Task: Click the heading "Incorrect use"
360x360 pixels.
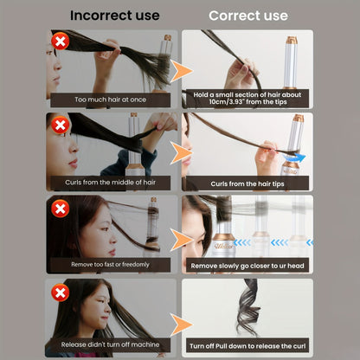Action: point(115,16)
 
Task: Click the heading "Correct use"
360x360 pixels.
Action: point(248,16)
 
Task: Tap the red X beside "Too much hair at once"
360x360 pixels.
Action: point(61,42)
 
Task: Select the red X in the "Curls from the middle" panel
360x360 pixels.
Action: point(61,125)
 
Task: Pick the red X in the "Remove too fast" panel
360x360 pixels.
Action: point(61,209)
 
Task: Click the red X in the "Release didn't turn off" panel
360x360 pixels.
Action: point(61,292)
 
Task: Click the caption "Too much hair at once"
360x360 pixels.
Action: point(111,100)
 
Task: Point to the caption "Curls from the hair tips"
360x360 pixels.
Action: point(247,183)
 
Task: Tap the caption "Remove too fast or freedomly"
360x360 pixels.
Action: point(110,264)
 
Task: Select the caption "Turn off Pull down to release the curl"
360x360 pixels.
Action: point(247,346)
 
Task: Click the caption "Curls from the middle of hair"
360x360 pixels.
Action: point(110,183)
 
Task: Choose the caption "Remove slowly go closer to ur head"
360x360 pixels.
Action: point(247,266)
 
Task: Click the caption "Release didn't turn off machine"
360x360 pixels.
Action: point(110,344)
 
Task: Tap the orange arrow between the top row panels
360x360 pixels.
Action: point(181,71)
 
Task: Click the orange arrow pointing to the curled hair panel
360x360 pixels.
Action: point(181,325)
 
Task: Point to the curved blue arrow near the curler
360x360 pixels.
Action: point(294,157)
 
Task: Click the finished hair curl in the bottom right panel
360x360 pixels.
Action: point(248,307)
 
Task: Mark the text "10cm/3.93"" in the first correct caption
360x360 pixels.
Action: point(228,102)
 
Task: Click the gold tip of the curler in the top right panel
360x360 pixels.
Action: point(292,40)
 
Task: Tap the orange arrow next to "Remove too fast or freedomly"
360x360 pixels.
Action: point(181,240)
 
